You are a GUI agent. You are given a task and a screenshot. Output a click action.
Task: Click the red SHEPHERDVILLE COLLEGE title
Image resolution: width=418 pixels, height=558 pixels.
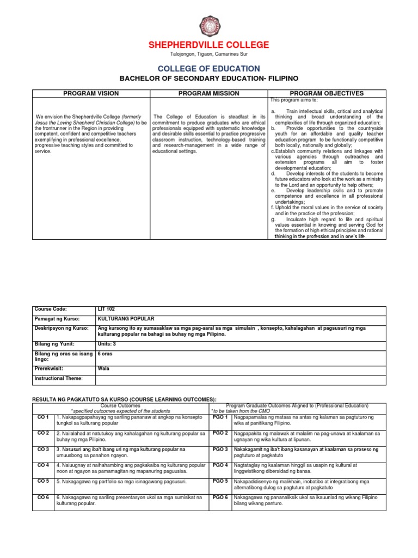tap(209, 45)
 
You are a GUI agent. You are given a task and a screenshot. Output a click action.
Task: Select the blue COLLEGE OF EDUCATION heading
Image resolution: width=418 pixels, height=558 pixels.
tap(209, 69)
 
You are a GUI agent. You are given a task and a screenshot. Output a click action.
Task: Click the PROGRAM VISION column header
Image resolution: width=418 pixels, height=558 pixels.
tap(91, 94)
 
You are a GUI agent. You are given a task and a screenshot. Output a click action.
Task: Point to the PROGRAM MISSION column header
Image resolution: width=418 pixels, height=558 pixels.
tap(209, 94)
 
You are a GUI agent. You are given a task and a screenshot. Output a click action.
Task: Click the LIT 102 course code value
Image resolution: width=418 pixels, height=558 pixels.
tap(106, 309)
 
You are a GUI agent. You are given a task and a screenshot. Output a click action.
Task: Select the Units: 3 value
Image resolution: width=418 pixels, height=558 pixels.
tap(107, 344)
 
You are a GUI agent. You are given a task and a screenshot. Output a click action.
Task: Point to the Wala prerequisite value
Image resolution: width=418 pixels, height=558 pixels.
tap(103, 368)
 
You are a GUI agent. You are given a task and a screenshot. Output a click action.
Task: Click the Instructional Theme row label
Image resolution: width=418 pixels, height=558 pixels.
tap(58, 378)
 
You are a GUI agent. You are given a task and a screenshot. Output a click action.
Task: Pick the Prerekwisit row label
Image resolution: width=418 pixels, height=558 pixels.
tap(50, 368)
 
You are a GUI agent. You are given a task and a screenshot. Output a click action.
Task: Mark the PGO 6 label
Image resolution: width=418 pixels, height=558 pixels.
tap(220, 497)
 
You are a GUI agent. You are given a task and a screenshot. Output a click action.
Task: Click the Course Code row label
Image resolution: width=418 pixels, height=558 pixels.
tap(51, 309)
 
